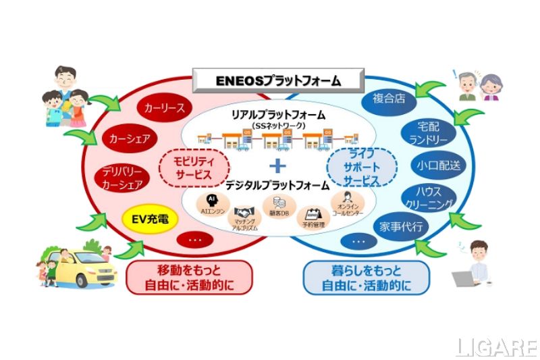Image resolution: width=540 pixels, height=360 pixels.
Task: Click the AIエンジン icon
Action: pos(212,201)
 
